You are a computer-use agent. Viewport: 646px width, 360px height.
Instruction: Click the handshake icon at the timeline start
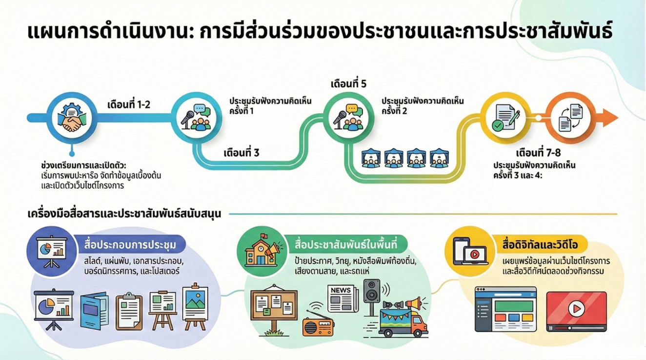71,119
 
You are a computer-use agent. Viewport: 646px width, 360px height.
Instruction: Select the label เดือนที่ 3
242,153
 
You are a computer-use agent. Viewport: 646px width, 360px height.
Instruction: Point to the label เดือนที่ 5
348,83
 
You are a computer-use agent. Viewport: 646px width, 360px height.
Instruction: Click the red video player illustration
576,310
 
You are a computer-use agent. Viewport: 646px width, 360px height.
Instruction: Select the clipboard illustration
129,312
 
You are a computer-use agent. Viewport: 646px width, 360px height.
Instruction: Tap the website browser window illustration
505,309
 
